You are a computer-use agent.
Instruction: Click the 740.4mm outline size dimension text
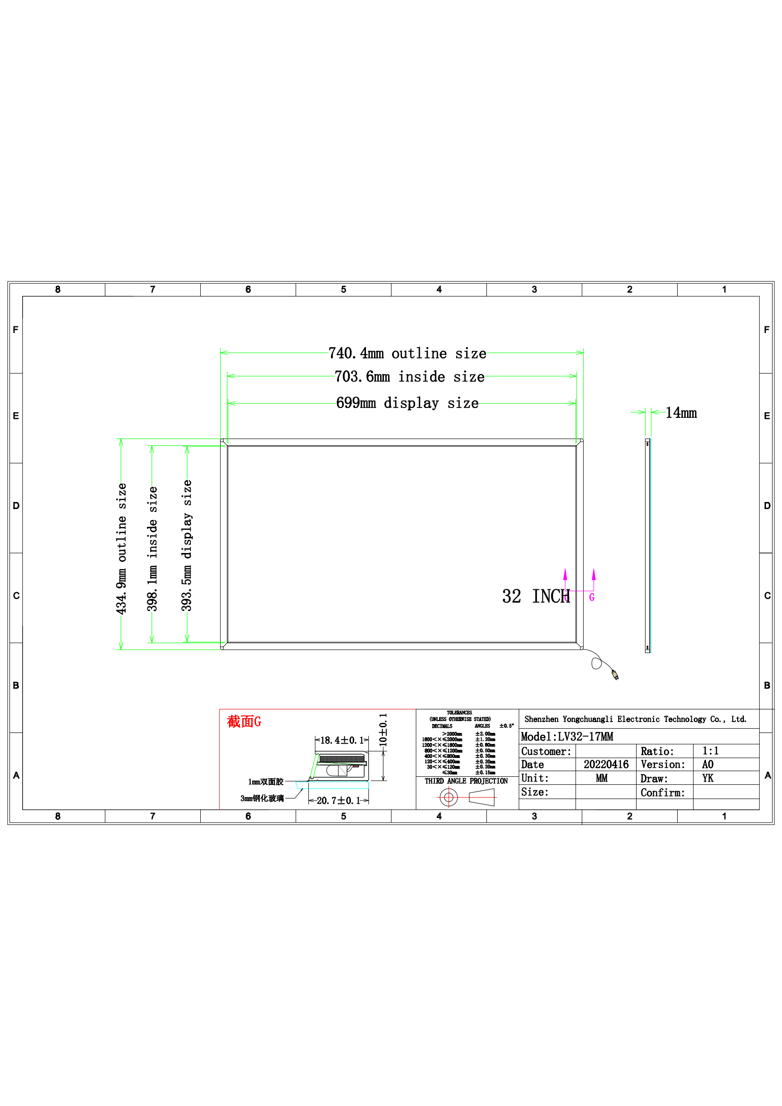coord(407,353)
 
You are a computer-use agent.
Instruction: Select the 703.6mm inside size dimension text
coord(409,376)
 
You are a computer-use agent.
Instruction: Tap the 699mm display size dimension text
coord(407,403)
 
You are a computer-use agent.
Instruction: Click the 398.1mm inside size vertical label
coord(152,549)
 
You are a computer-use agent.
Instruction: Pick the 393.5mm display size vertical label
coord(187,545)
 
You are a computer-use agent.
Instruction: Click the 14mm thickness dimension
coord(681,413)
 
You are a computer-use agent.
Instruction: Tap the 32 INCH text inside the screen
coord(535,596)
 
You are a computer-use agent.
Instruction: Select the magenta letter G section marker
coord(592,597)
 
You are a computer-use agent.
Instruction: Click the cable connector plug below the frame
coord(615,674)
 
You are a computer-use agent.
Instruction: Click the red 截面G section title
coord(244,722)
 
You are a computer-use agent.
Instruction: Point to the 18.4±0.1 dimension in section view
coord(341,740)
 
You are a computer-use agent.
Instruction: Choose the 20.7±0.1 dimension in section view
coord(338,800)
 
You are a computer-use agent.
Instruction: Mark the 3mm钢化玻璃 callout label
coord(262,799)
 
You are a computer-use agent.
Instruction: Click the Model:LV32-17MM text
coord(567,737)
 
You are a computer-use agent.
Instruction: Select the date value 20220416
coord(606,765)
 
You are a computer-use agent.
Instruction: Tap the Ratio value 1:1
coord(710,751)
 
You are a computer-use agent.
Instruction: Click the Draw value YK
coord(707,778)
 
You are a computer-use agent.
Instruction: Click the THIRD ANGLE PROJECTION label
coord(466,781)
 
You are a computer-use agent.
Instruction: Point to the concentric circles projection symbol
coord(449,797)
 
